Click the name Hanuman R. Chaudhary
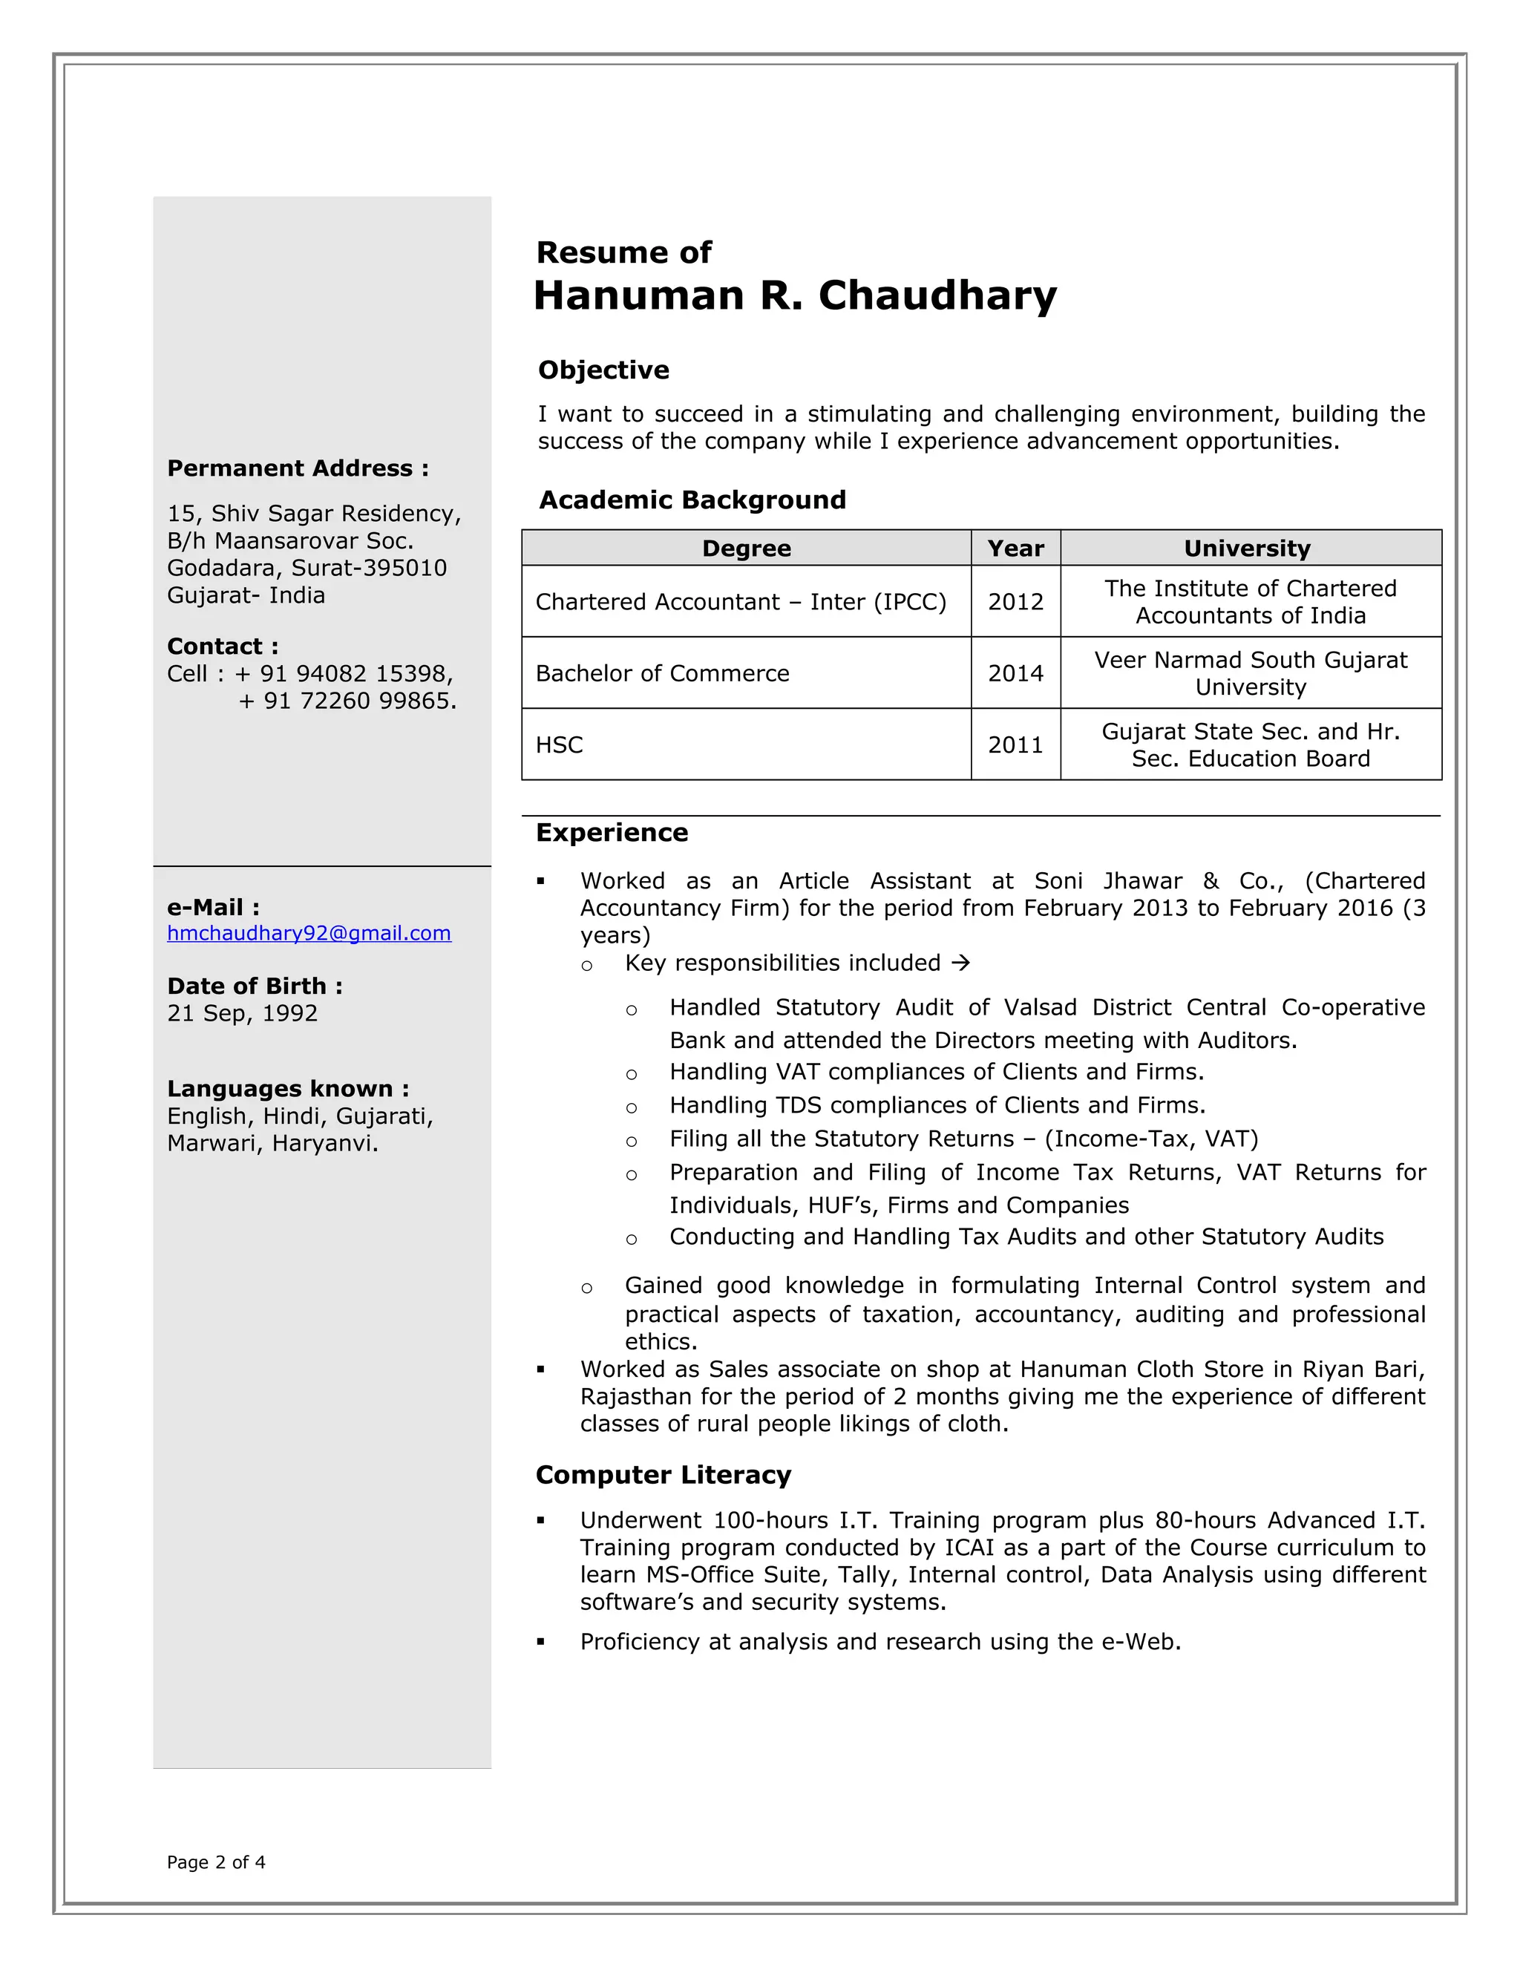(x=794, y=295)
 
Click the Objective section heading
(x=603, y=370)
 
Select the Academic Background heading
(x=692, y=500)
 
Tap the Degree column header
(x=746, y=549)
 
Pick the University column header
(x=1246, y=549)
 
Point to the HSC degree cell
(x=559, y=744)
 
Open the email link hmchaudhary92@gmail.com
(x=309, y=933)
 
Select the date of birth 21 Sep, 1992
(x=242, y=1013)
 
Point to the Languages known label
(x=287, y=1089)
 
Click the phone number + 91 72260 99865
(x=347, y=701)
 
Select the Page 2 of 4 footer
(x=216, y=1862)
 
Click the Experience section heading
(x=612, y=832)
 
